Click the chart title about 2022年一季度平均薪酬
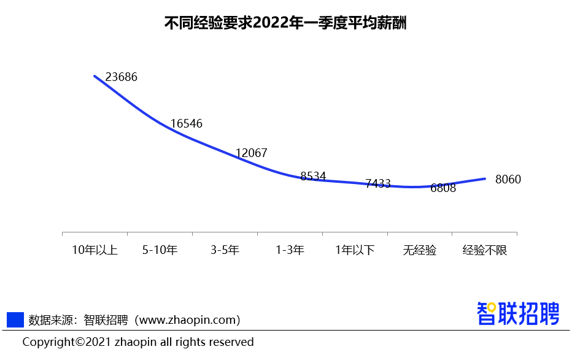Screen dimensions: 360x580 click(286, 23)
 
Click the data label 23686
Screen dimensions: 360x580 click(122, 77)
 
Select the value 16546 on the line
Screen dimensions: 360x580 click(187, 124)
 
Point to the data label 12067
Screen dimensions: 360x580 click(252, 153)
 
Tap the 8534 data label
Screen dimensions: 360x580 click(313, 177)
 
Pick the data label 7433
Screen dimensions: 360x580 click(378, 183)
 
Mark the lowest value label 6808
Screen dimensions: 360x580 click(443, 188)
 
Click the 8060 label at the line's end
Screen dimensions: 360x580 click(508, 180)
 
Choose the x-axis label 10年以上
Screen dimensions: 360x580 click(95, 250)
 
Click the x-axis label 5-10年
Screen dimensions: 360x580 click(160, 250)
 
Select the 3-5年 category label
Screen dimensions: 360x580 click(225, 250)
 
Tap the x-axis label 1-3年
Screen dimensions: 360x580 click(290, 250)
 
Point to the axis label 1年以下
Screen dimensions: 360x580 click(355, 250)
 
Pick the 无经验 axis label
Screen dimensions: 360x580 click(420, 250)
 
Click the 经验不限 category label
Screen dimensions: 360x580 click(485, 250)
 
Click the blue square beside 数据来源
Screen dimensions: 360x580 click(15, 320)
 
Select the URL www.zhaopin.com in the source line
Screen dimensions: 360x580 click(188, 320)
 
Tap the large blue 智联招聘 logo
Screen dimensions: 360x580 click(519, 313)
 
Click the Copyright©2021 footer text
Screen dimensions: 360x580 click(138, 342)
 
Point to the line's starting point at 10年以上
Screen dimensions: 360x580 click(95, 76)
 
